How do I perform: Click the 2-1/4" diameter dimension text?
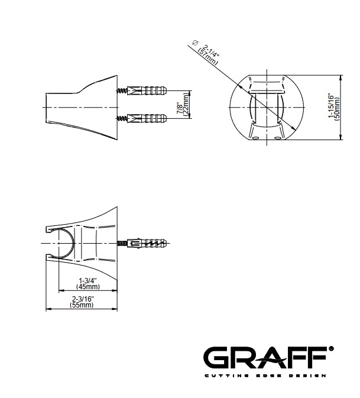tap(210, 51)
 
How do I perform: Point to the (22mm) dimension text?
tap(186, 104)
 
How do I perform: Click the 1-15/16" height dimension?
tap(331, 106)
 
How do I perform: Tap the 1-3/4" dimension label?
tap(87, 281)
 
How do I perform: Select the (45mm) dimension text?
tap(87, 287)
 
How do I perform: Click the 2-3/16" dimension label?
tap(82, 299)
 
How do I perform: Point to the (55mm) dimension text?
tap(82, 305)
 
